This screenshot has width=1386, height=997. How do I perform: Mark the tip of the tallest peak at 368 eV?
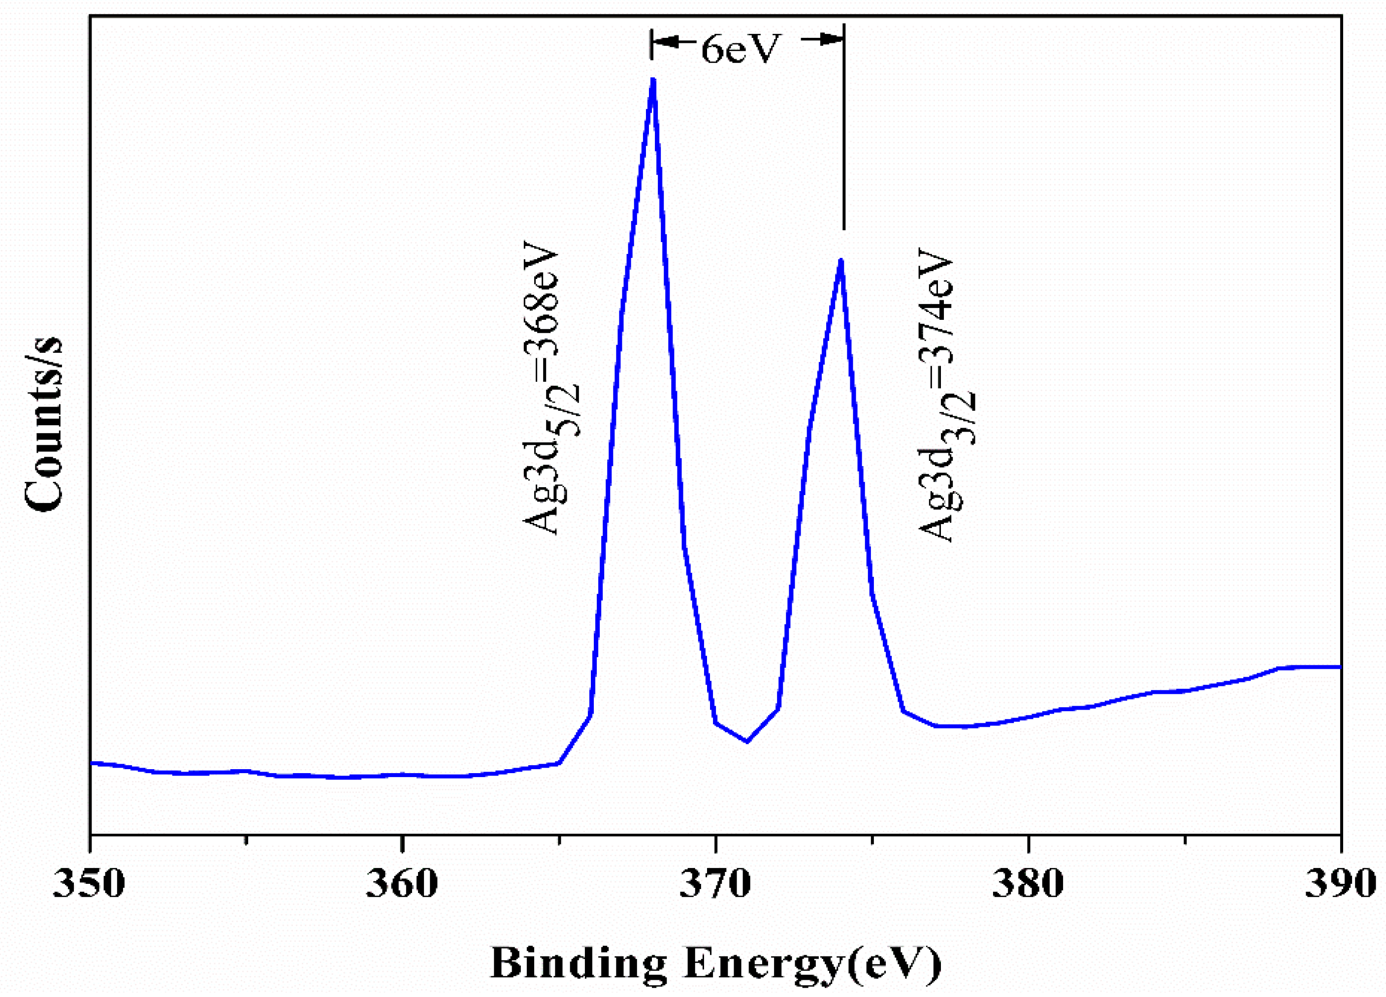653,79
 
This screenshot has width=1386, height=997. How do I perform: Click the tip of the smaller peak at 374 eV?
841,260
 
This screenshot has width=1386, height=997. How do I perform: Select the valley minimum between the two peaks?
747,742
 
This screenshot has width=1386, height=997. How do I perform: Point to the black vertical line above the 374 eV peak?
843,134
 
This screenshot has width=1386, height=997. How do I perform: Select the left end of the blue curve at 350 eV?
92,762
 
